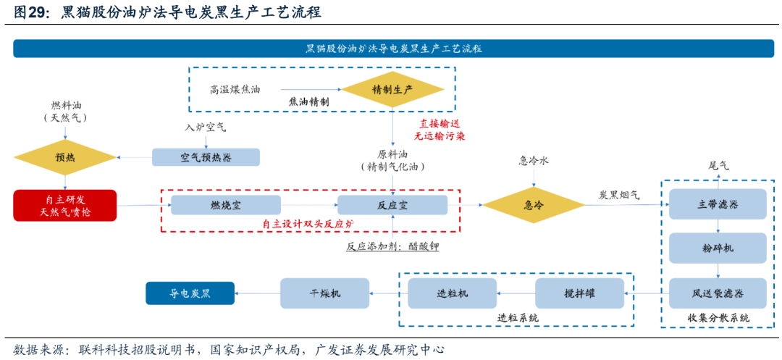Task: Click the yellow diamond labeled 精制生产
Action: [392, 89]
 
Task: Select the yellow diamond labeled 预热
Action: [65, 156]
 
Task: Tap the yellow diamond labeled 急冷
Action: [534, 205]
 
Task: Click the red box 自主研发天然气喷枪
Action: [65, 205]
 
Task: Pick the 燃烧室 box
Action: [226, 205]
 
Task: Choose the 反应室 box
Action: [392, 205]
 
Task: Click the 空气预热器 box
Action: [206, 156]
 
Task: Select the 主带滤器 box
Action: [718, 204]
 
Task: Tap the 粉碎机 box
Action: [718, 248]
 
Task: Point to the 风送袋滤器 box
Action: [718, 293]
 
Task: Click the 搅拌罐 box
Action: [579, 293]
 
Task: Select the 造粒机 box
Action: [453, 293]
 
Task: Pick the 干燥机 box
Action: [325, 293]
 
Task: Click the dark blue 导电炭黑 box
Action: [190, 293]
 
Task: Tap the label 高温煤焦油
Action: [235, 90]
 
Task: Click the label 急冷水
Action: [534, 161]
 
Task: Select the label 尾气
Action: [718, 165]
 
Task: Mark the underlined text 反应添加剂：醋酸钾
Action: [392, 246]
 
